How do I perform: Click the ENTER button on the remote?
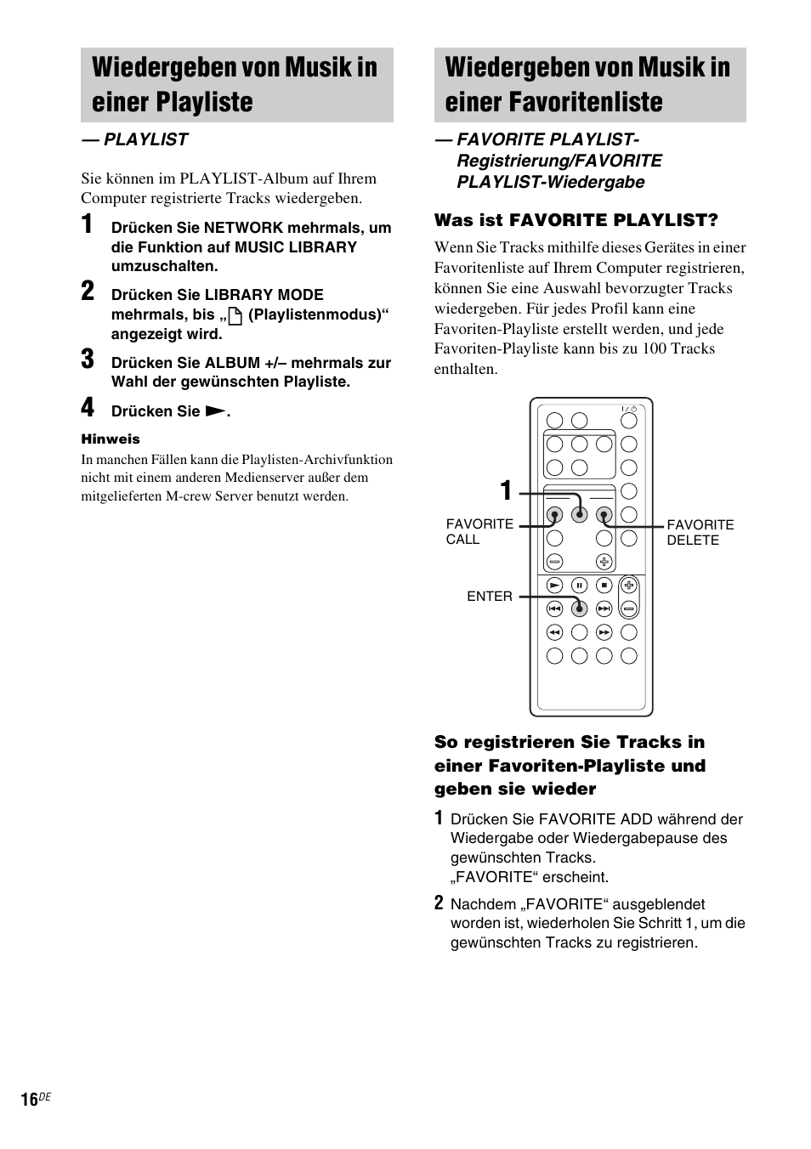[x=580, y=608]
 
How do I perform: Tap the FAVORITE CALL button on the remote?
[x=554, y=515]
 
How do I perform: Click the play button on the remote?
[x=554, y=585]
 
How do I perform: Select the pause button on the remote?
[x=580, y=585]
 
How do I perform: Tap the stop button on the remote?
[x=604, y=585]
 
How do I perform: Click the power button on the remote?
[x=629, y=421]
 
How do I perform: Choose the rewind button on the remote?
[x=554, y=632]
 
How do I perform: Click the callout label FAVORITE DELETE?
[x=700, y=533]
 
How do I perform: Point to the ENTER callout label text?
[x=490, y=597]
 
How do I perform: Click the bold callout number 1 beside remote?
[x=507, y=491]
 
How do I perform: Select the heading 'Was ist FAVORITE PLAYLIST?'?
[x=576, y=221]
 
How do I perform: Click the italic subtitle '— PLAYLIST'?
[x=134, y=140]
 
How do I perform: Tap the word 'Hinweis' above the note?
[x=111, y=439]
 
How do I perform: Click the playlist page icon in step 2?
[x=235, y=316]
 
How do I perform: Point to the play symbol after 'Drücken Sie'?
[x=215, y=411]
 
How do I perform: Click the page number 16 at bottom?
[x=30, y=1100]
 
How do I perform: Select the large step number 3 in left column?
[x=88, y=359]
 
